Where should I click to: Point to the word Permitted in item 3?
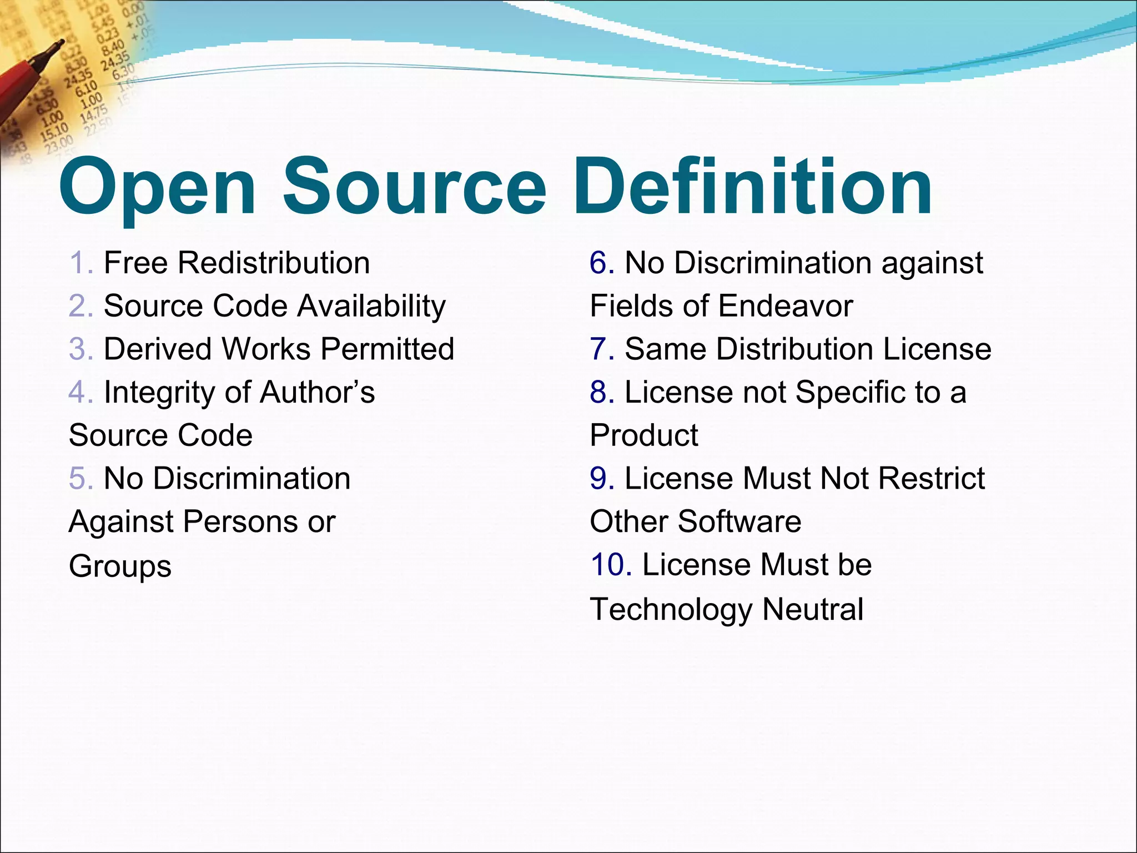click(x=387, y=349)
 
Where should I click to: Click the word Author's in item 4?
click(x=317, y=392)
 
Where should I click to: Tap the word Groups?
click(x=120, y=566)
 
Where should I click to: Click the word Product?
click(x=643, y=435)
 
